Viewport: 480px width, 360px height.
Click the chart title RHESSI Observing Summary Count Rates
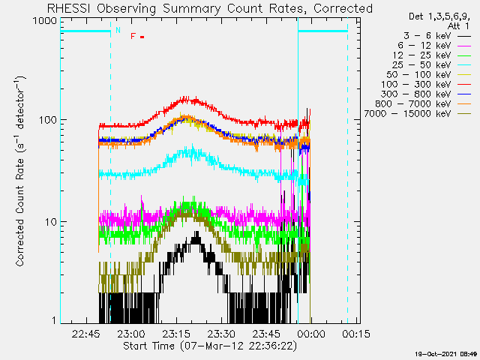click(209, 8)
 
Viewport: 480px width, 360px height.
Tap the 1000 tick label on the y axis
click(43, 21)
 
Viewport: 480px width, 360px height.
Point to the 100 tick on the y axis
click(46, 120)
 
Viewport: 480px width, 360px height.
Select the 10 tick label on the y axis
click(49, 222)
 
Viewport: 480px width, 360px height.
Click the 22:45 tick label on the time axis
click(86, 333)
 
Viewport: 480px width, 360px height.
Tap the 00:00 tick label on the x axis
click(310, 333)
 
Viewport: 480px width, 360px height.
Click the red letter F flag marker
click(133, 36)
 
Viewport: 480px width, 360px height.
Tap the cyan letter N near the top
click(117, 30)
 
